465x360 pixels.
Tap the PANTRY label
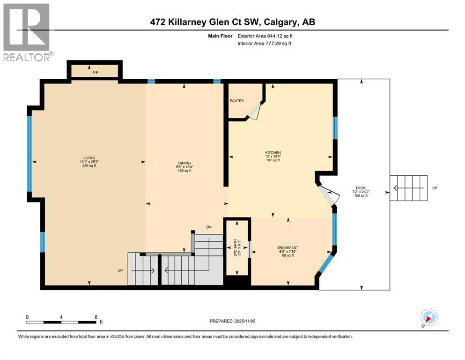pos(236,101)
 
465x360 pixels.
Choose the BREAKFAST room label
pos(288,248)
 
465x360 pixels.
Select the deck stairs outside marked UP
pos(408,188)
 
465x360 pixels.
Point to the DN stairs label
pos(209,227)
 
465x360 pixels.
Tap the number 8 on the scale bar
pos(96,316)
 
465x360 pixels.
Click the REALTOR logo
pos(27,32)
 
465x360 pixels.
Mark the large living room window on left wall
pos(30,153)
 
